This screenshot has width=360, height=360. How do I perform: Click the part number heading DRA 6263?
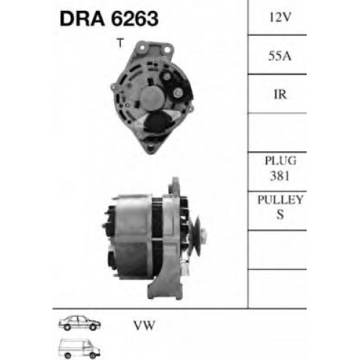[109, 19]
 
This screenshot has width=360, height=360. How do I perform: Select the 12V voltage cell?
[280, 17]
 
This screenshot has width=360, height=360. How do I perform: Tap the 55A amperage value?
[280, 56]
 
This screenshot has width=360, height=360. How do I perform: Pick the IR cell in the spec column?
[280, 94]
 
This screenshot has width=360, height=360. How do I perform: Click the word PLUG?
[280, 161]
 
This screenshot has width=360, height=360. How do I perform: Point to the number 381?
[280, 176]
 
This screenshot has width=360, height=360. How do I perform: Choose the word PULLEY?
[280, 199]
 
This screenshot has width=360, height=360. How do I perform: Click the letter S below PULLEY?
[280, 215]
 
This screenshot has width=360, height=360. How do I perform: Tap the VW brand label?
[144, 325]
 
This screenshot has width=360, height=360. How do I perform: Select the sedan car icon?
[80, 323]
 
